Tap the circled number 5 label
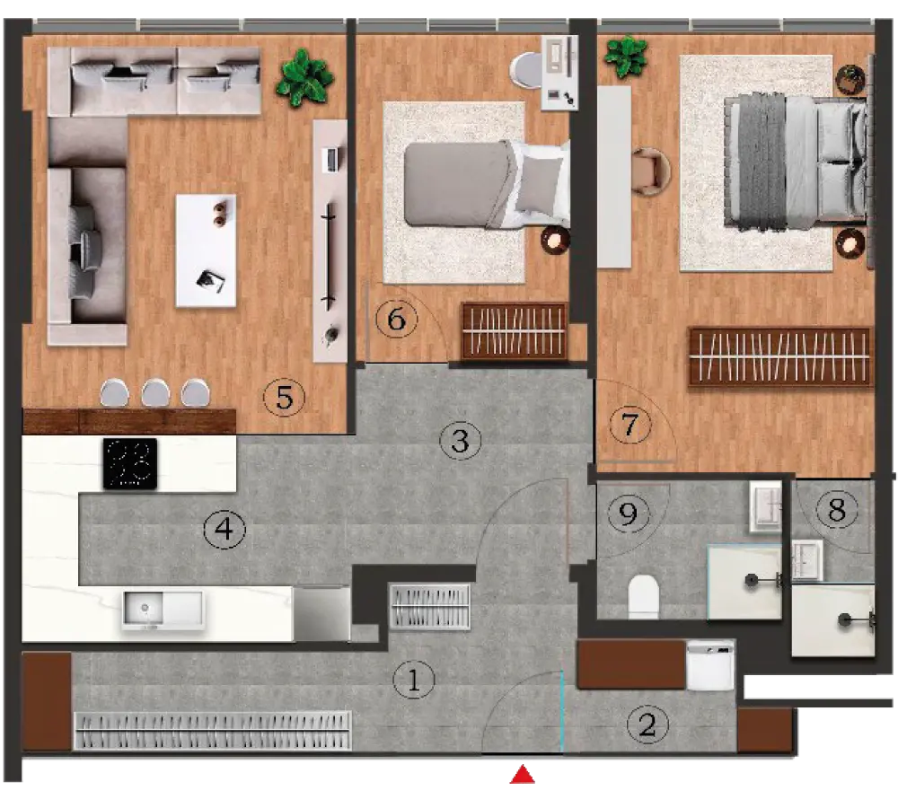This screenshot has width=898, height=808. coord(284,397)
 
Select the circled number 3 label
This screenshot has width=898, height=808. coord(460,441)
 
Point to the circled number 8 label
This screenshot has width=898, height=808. coord(837,508)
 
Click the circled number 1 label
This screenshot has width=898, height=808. coord(413,680)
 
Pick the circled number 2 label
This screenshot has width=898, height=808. coord(647,725)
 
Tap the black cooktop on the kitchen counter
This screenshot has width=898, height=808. coord(130,464)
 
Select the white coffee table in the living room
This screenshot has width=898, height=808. coord(206,250)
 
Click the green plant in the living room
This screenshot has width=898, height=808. coord(304,77)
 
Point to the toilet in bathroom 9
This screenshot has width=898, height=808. coord(644,597)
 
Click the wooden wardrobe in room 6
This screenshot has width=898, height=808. coord(515,331)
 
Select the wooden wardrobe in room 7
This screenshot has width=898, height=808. coord(780,356)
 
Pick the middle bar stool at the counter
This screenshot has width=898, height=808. coord(155,393)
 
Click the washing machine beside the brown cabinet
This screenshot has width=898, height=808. coord(710,665)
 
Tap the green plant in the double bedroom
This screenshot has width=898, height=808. coord(625,57)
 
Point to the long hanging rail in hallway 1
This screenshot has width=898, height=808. coord(213,730)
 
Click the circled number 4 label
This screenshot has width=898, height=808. coord(225,529)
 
